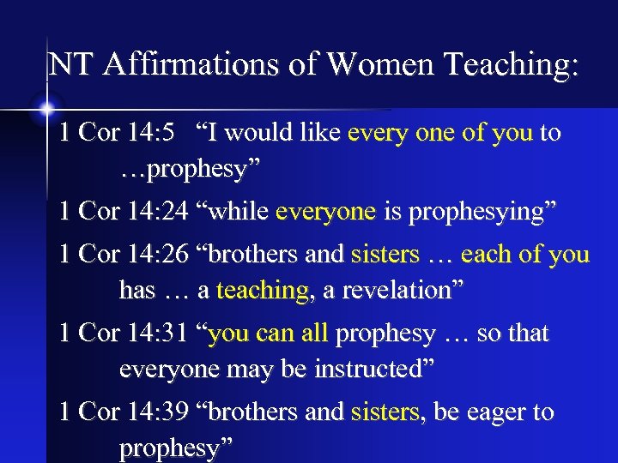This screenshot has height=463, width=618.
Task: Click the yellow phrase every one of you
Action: (439, 133)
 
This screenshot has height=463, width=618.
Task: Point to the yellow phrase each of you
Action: (525, 255)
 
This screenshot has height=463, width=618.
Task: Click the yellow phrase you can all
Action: (268, 334)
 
